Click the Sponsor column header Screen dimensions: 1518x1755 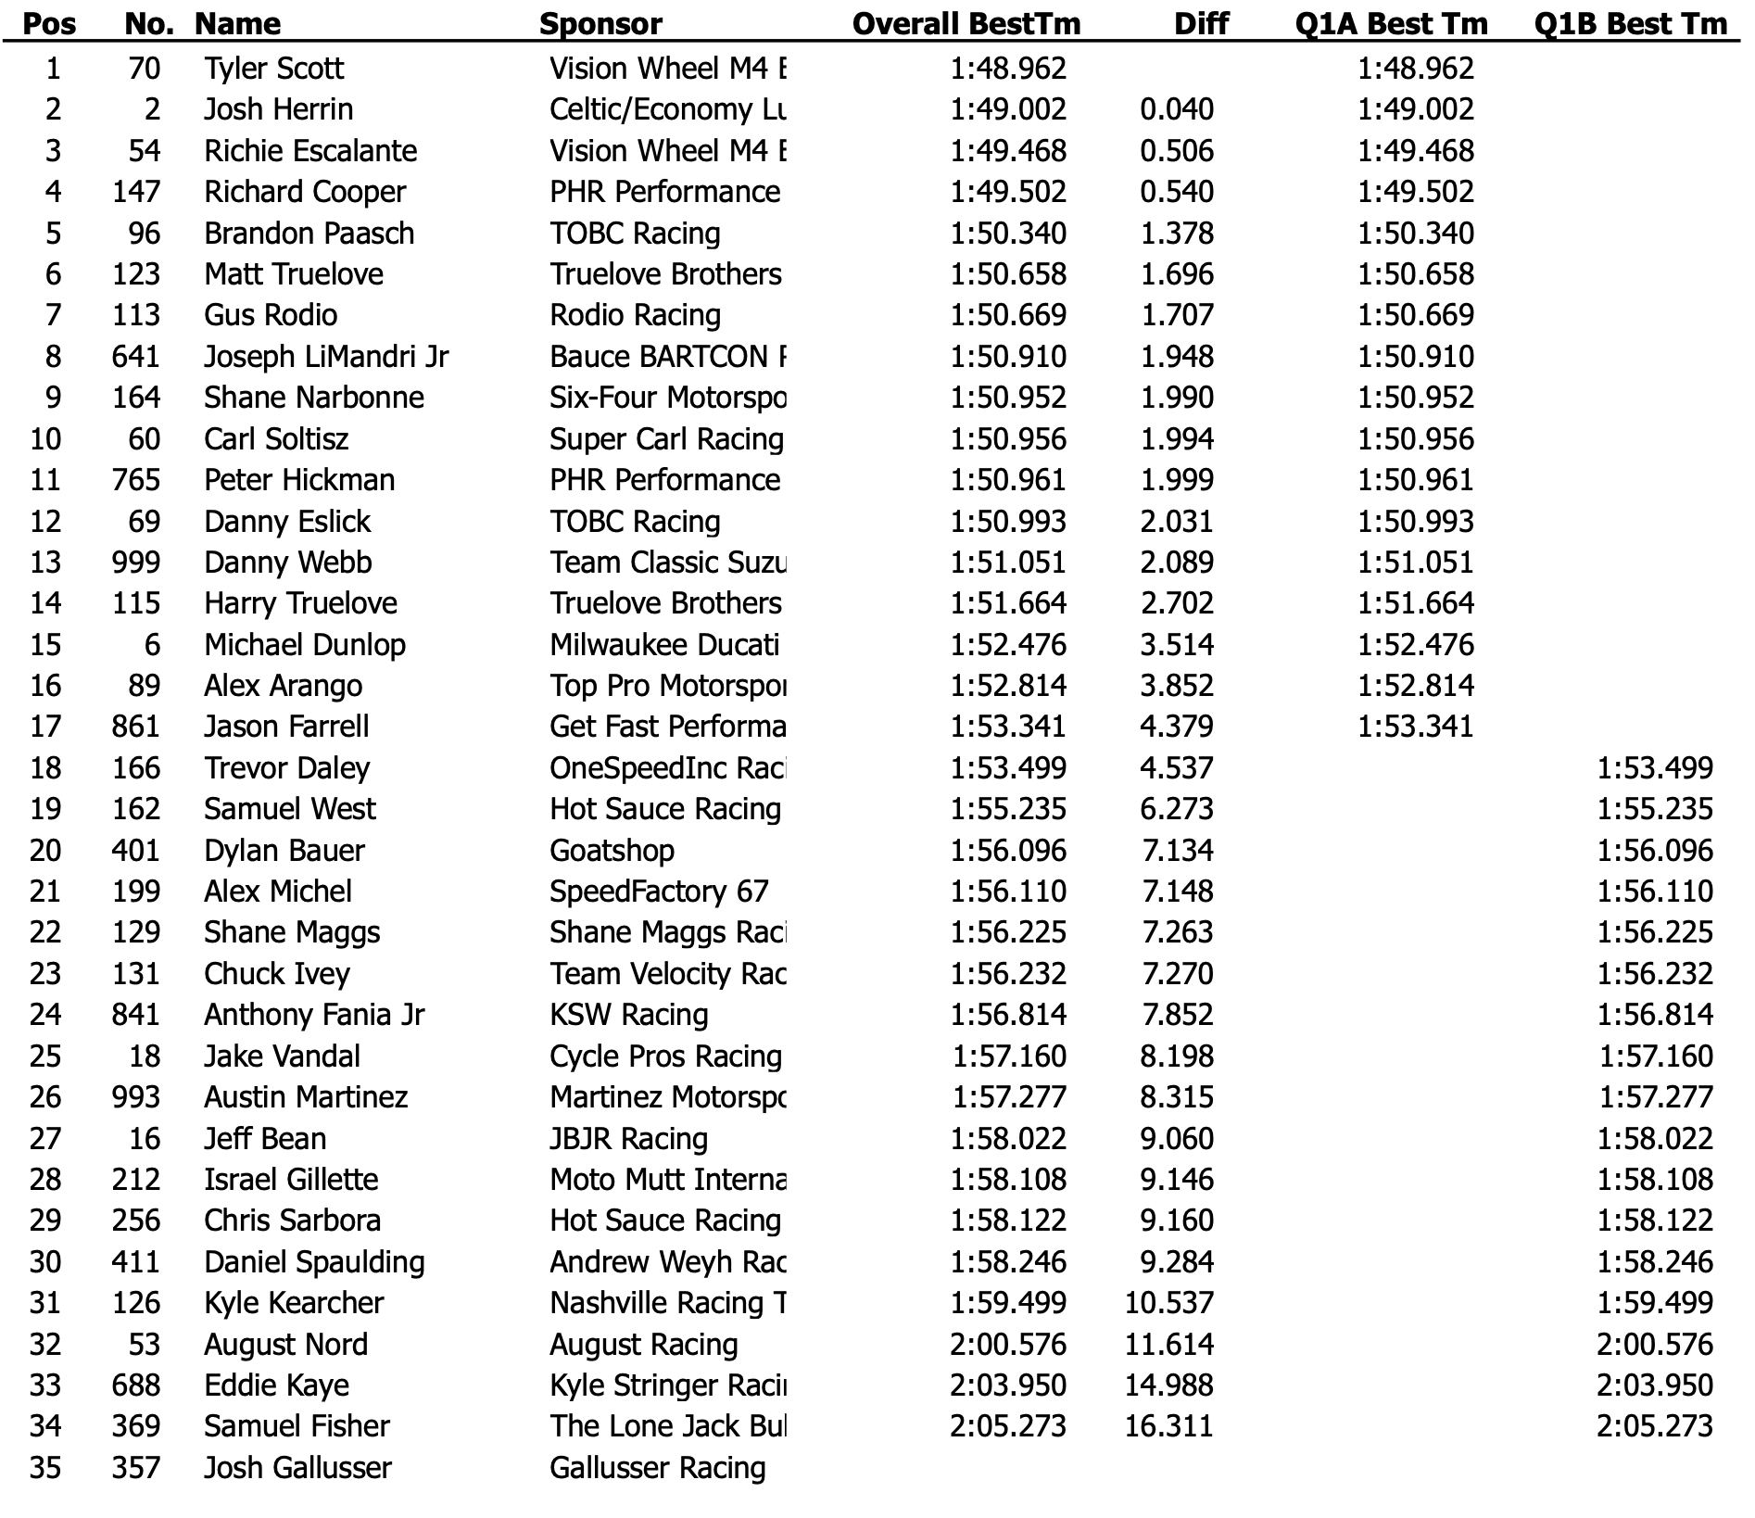point(600,24)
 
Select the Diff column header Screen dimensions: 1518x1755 point(1201,24)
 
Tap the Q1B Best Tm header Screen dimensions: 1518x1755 point(1631,24)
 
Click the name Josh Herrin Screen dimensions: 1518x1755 point(278,109)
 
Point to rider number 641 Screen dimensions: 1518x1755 point(135,357)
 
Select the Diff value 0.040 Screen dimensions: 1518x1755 point(1177,109)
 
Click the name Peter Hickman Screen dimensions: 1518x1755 point(299,480)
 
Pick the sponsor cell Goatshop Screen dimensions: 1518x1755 point(612,851)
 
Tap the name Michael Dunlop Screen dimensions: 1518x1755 point(305,645)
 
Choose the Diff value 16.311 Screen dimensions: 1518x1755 point(1168,1426)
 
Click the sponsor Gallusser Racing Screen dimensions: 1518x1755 point(657,1468)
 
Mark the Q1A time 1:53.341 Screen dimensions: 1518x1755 point(1415,727)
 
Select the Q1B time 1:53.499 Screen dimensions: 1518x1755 point(1655,768)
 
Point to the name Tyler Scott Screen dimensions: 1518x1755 point(273,69)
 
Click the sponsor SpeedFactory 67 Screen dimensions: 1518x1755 point(659,892)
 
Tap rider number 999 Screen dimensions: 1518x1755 point(135,563)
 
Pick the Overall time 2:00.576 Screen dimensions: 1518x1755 point(1008,1345)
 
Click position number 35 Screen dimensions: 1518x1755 point(45,1468)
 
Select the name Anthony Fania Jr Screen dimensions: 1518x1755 point(314,1015)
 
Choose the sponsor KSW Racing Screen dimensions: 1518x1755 point(628,1015)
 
